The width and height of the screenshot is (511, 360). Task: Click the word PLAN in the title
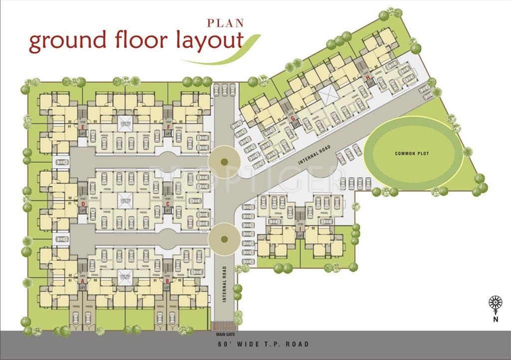[225, 22]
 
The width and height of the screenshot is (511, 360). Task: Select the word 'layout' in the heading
[209, 42]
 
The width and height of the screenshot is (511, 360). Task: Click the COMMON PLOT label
[412, 153]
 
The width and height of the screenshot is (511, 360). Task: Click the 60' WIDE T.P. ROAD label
[263, 344]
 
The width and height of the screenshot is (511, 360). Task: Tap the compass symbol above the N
[495, 303]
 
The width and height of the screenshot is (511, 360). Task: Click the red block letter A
[83, 282]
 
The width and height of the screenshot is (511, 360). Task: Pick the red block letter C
[168, 204]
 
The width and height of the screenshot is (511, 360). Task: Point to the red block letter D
[83, 204]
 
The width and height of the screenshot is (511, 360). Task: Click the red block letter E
[83, 127]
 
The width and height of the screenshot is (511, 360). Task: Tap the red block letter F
[169, 127]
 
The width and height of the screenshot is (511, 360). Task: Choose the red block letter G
[293, 118]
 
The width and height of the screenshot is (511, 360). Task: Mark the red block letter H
[368, 77]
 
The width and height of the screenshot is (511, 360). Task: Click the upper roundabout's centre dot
[224, 161]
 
